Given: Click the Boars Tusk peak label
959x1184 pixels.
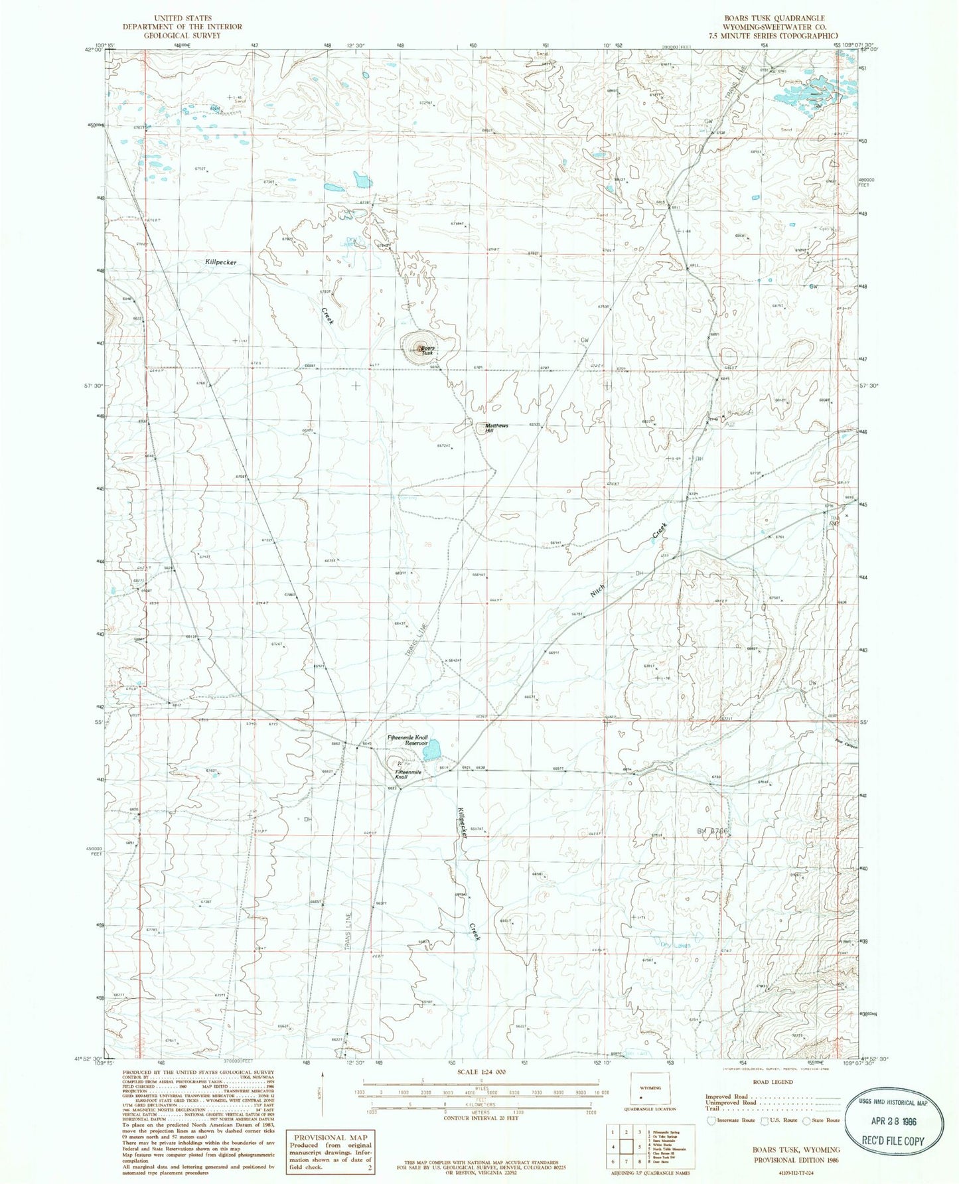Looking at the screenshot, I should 427,350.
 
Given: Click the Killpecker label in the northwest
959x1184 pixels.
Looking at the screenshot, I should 220,263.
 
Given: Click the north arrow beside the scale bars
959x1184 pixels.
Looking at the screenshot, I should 323,1087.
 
